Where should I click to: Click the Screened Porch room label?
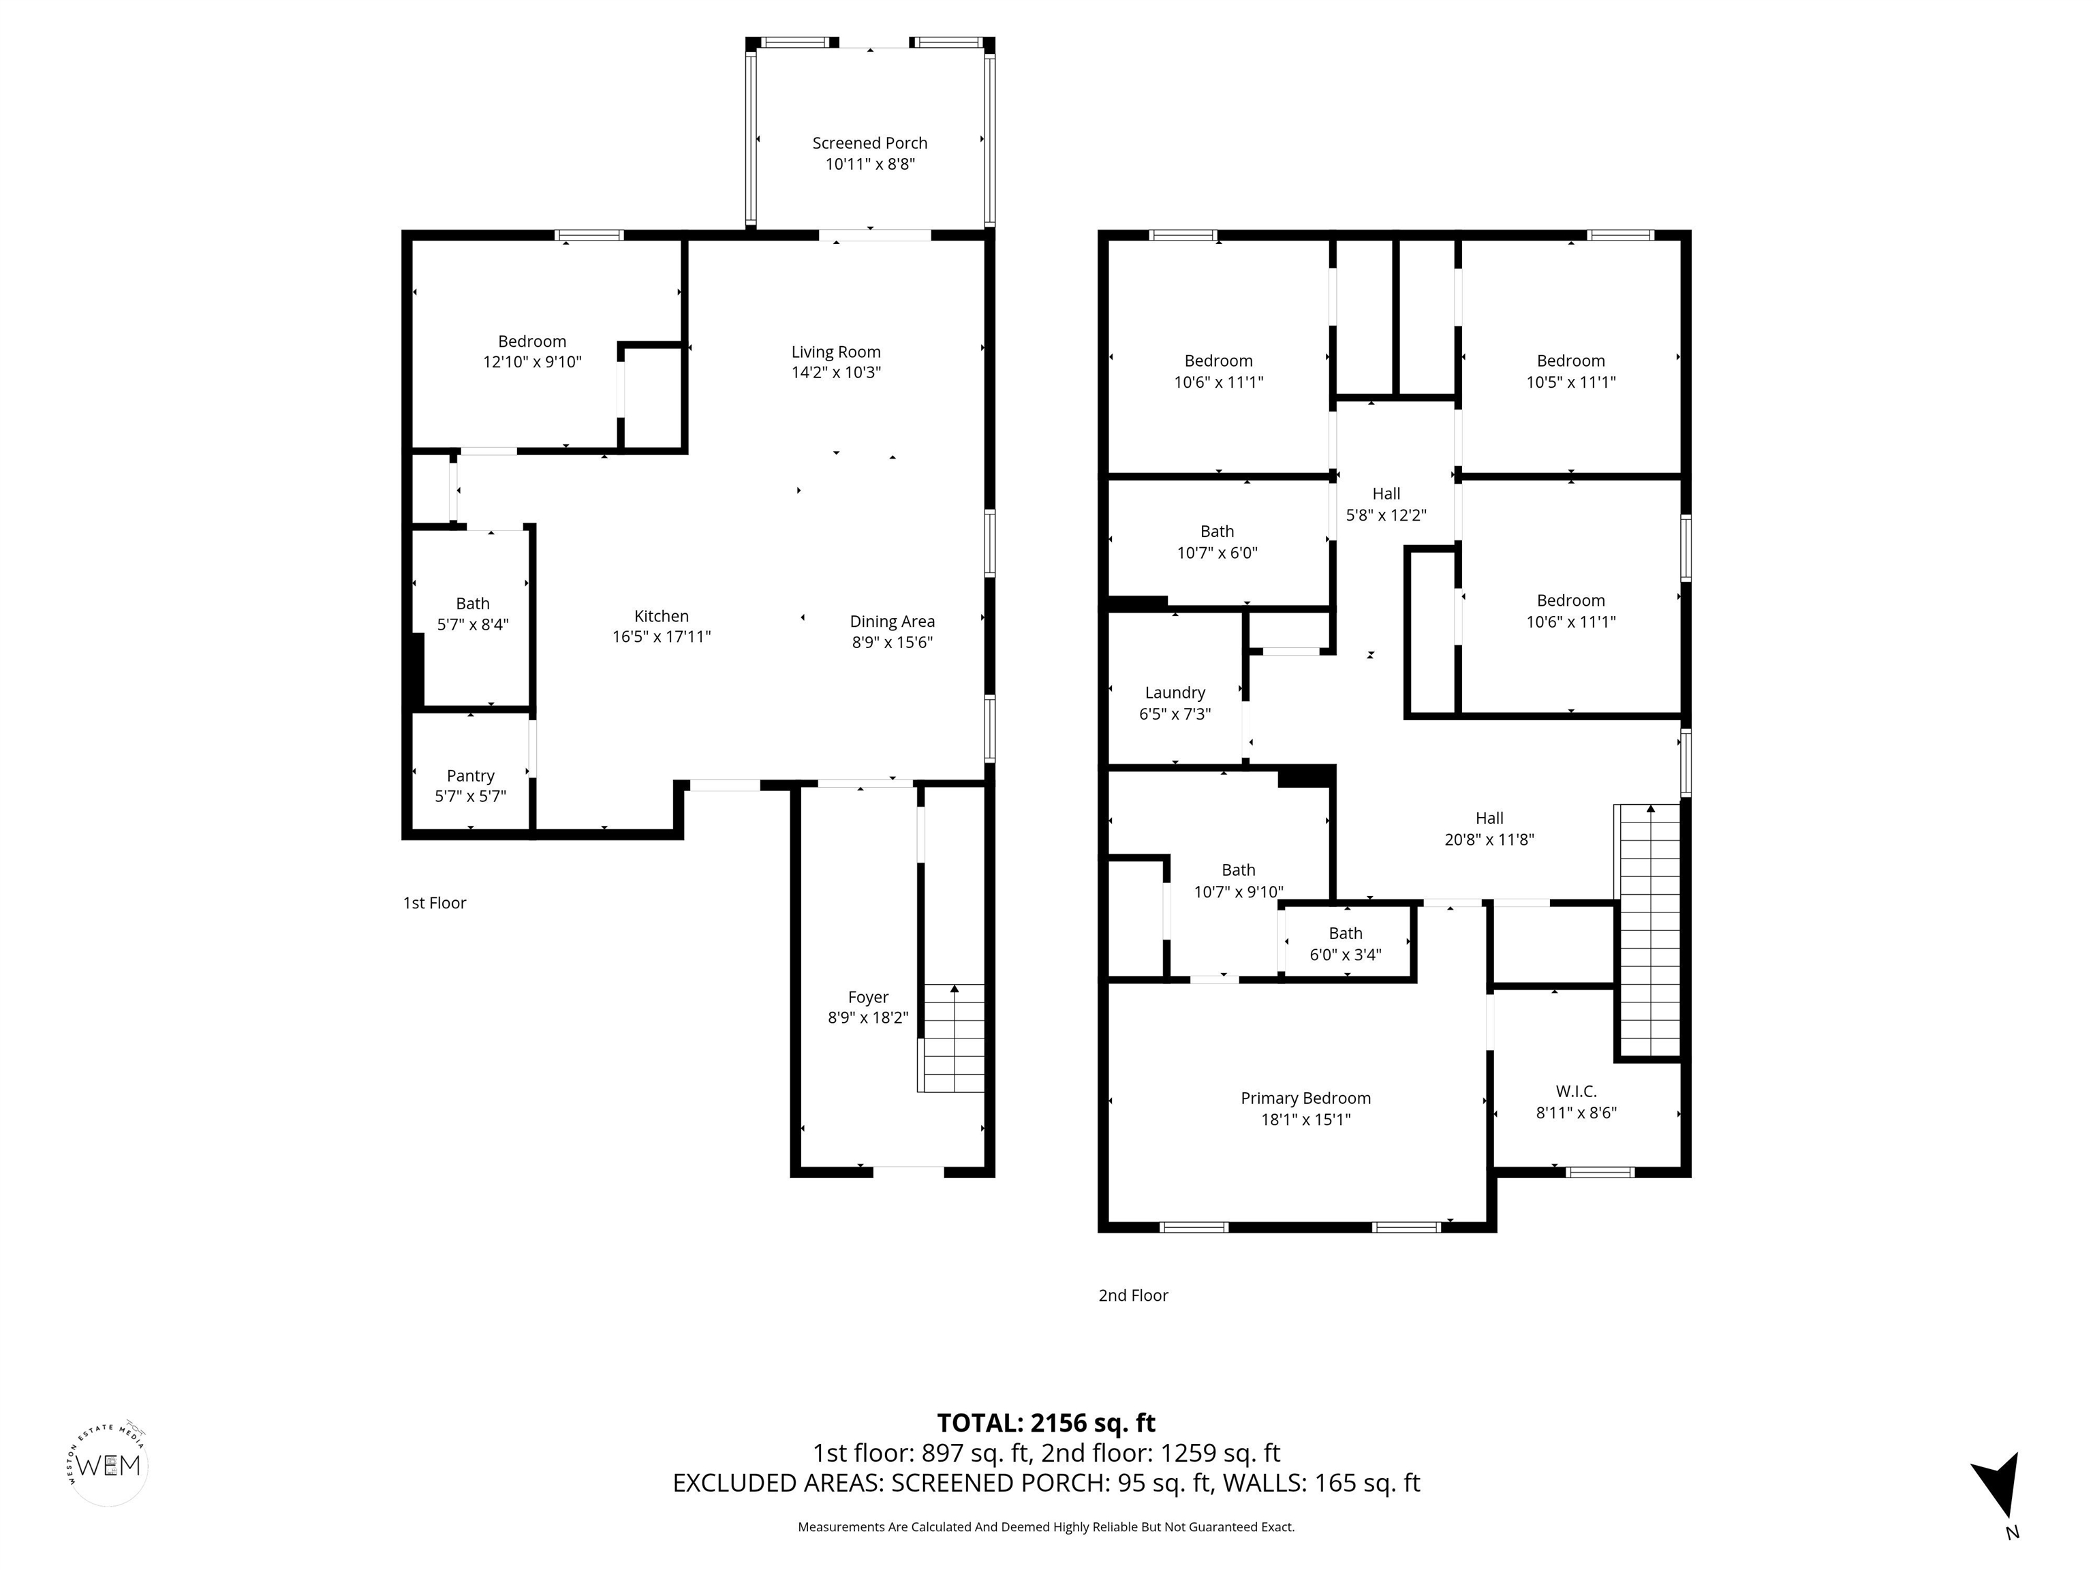[869, 143]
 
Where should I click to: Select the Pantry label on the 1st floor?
[470, 776]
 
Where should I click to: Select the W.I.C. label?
[1575, 1091]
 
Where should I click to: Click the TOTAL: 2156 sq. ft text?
[1046, 1422]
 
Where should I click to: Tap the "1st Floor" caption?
[434, 903]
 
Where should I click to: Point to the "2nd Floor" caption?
[1132, 1295]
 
